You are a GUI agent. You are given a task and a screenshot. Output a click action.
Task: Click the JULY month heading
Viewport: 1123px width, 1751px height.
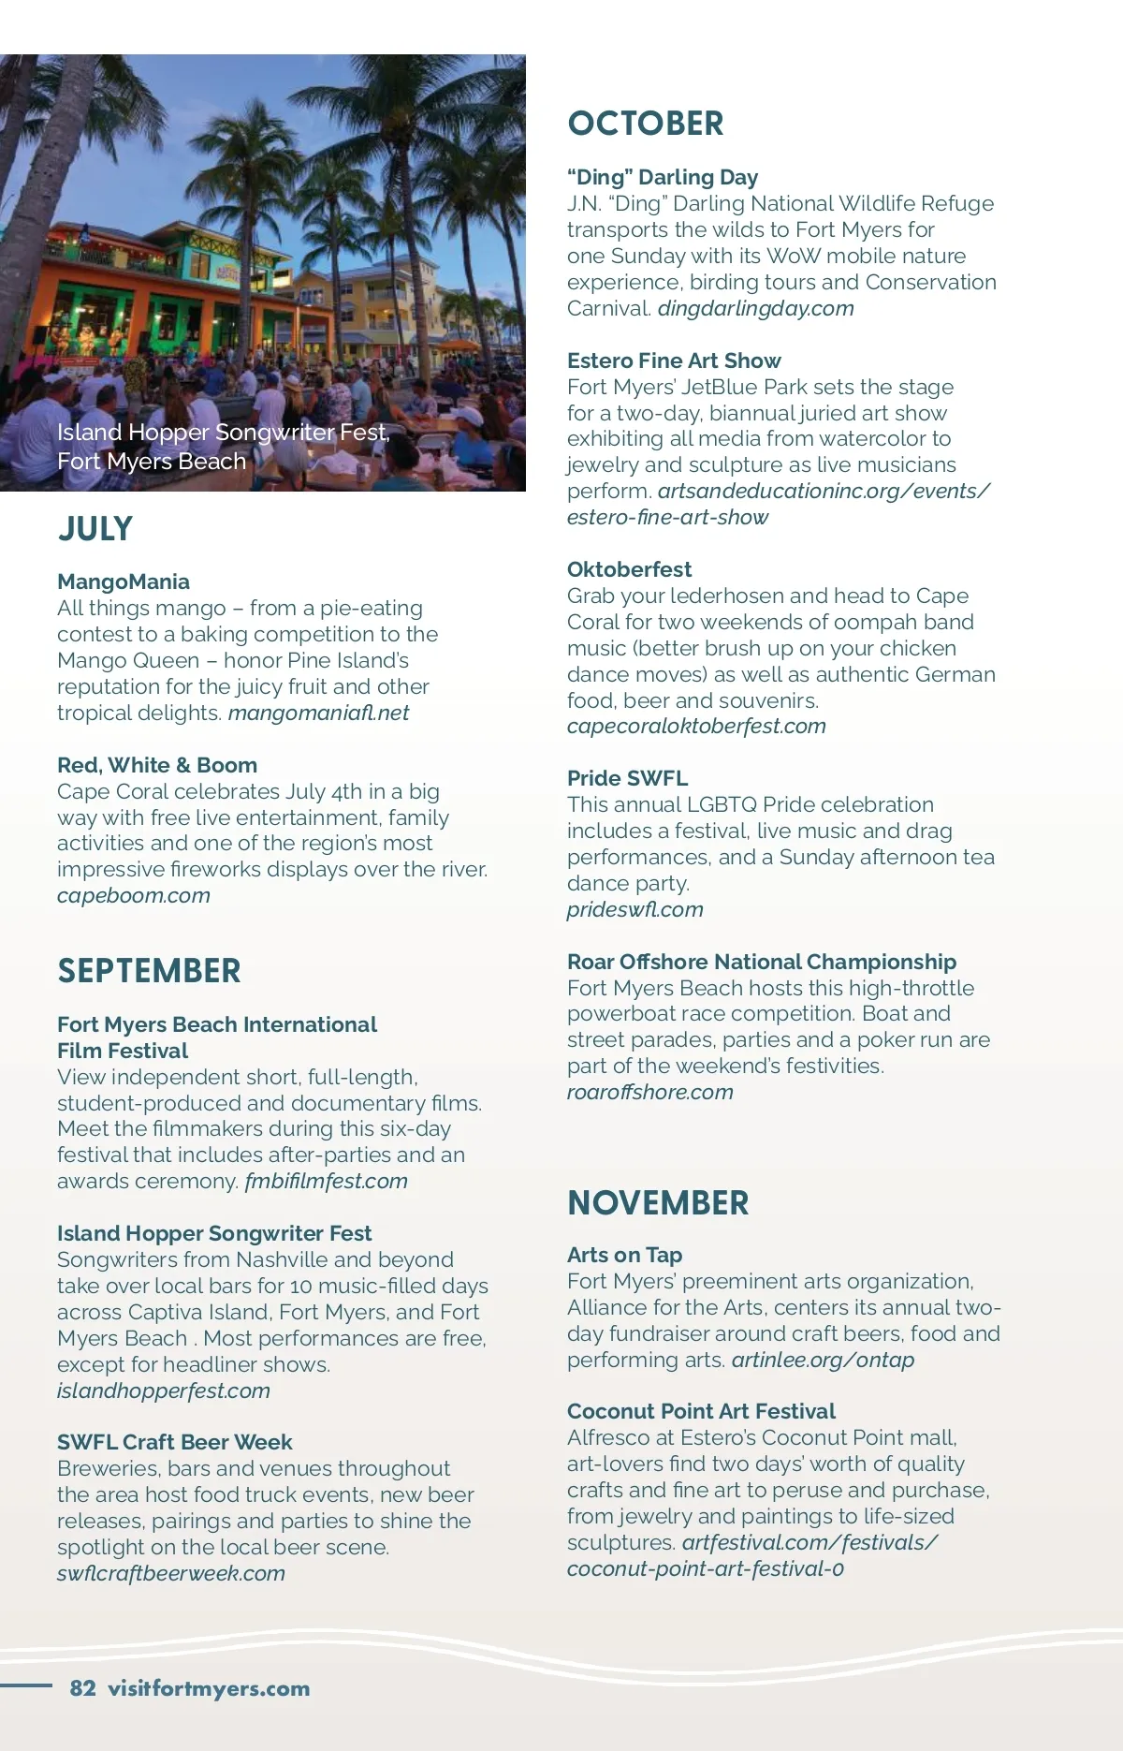[95, 529]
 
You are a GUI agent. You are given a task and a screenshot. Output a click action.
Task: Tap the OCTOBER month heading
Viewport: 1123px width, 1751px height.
[646, 124]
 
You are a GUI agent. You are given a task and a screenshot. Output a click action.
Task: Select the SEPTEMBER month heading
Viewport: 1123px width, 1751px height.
[149, 971]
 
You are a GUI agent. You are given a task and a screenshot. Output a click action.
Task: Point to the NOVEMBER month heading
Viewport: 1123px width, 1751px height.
[658, 1203]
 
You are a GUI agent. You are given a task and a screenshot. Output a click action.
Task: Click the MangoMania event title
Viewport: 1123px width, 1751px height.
[124, 581]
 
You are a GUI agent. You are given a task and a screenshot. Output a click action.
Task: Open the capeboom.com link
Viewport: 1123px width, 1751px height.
[134, 895]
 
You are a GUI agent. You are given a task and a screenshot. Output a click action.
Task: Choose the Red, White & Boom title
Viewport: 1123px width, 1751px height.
[157, 765]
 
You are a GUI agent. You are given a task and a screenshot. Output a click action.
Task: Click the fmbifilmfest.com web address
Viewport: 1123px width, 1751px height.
[326, 1181]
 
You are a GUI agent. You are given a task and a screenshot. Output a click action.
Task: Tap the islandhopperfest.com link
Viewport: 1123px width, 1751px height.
[164, 1390]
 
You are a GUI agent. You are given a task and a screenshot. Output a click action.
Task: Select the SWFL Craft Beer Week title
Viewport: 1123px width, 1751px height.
[175, 1442]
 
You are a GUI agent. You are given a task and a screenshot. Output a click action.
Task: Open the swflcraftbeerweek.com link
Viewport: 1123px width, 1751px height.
[171, 1573]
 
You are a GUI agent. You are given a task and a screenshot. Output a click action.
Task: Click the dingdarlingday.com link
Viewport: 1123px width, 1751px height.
[755, 308]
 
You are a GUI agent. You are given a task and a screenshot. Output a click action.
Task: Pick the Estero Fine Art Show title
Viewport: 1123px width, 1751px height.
[674, 360]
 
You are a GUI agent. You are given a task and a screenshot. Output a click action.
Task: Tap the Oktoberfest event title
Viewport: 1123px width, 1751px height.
[630, 569]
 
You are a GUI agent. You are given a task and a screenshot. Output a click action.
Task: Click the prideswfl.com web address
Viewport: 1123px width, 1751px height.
[635, 909]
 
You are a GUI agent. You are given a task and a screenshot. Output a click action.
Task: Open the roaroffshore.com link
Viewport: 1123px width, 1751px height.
[650, 1092]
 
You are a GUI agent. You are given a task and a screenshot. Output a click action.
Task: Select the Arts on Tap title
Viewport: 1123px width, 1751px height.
[625, 1255]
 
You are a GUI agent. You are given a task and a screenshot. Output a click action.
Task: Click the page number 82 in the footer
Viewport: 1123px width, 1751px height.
[83, 1688]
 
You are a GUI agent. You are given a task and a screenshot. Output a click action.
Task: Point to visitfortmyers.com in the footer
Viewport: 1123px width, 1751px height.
[209, 1688]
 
